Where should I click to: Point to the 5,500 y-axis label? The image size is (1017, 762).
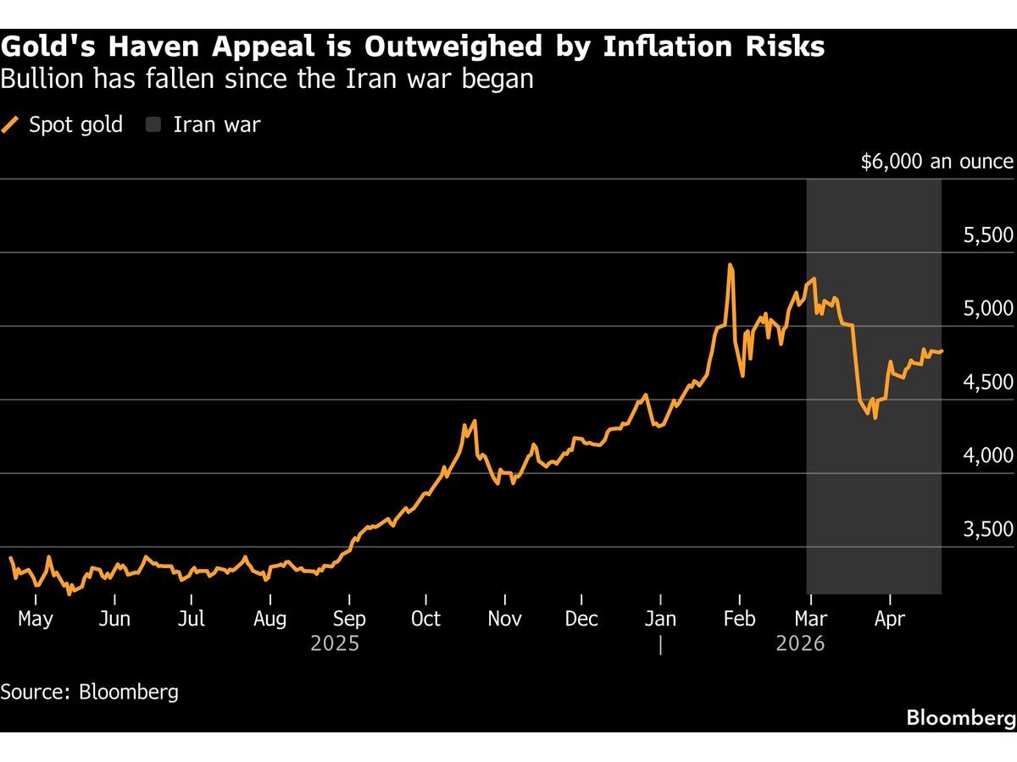(988, 235)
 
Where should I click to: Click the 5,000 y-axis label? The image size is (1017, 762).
(988, 309)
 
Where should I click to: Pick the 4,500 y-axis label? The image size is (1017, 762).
(988, 383)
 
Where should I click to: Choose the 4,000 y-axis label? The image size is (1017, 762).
(988, 456)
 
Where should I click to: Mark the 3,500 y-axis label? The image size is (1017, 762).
(988, 530)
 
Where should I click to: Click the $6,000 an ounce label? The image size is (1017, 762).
(936, 162)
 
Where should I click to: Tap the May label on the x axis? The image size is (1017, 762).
(36, 619)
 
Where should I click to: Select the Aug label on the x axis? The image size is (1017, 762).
(270, 619)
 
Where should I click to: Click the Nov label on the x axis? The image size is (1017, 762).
(504, 619)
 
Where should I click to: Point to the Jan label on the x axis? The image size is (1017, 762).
(660, 619)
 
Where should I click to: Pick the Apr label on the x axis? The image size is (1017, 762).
(889, 619)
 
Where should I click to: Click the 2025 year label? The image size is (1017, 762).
(335, 644)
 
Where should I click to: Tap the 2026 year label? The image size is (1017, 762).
(800, 644)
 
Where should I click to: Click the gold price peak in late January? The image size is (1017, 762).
(730, 265)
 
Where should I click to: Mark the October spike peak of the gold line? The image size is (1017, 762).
(475, 421)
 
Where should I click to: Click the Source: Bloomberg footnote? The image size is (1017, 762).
(90, 692)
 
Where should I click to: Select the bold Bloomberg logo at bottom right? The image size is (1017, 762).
(960, 718)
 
